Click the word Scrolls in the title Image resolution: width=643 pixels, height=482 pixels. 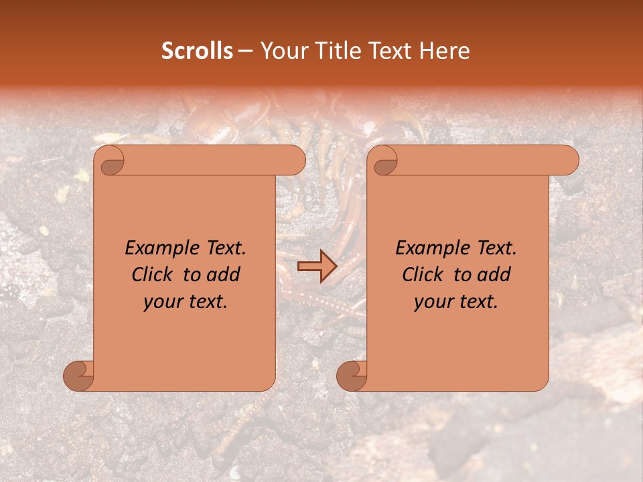coord(198,51)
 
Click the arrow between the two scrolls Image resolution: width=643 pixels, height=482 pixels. coord(317,266)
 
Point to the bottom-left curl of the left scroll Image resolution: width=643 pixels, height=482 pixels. coord(78,376)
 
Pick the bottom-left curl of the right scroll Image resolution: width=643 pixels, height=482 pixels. coord(352,376)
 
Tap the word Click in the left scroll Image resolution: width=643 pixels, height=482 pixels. coord(155,275)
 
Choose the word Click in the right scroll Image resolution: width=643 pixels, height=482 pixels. coord(425,275)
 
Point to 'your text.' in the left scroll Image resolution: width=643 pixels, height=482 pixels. coord(186,302)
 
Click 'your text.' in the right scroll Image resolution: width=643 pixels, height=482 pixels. coord(456,302)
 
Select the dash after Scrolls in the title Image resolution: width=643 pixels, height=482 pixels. coord(246,51)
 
